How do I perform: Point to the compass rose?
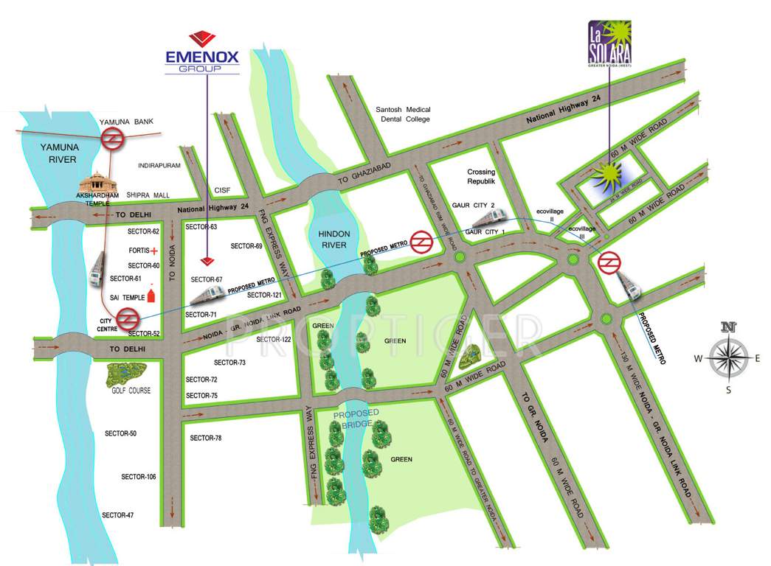(728, 357)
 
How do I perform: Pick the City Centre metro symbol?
(127, 319)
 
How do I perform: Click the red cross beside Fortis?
(156, 251)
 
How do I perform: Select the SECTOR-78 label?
(206, 439)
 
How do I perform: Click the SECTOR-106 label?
(139, 478)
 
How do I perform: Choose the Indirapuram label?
(159, 166)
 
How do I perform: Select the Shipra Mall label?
(148, 195)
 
